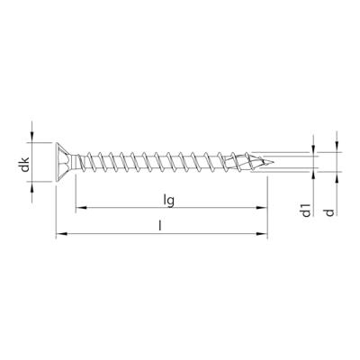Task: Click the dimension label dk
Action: tap(27, 163)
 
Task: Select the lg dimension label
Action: tap(169, 199)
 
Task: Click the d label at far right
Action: tap(330, 212)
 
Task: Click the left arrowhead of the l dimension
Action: tap(60, 236)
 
